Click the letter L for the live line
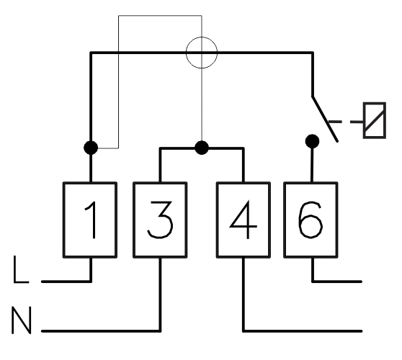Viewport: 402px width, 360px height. point(21,269)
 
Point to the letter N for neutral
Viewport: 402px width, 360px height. point(22,320)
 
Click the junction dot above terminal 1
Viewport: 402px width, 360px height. point(91,148)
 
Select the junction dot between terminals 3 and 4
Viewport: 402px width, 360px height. point(202,148)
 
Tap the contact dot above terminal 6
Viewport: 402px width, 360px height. point(312,141)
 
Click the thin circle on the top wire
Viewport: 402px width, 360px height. point(202,37)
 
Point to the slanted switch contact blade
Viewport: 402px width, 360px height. point(325,119)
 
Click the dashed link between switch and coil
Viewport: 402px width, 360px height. point(346,122)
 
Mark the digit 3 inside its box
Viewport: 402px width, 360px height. point(160,220)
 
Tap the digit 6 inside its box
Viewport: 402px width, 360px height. point(311,220)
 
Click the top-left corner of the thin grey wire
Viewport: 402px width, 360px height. point(118,16)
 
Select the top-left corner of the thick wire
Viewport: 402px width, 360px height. point(91,53)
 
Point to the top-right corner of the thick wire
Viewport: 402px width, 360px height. point(313,53)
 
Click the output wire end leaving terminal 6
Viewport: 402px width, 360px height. point(361,282)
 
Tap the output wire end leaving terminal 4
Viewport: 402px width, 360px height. point(361,331)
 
